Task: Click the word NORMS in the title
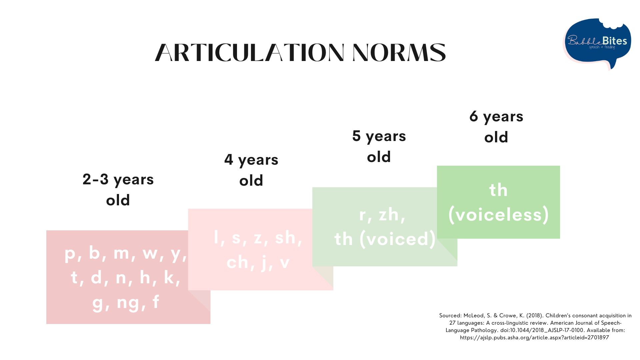coord(399,53)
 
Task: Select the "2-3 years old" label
coord(118,189)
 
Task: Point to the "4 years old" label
coord(251,170)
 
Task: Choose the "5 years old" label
coord(379,146)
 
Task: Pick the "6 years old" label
coord(496,127)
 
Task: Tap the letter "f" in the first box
coord(156,302)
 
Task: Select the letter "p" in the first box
coord(70,253)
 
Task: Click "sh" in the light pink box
coord(285,238)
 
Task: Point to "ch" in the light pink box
coord(237,262)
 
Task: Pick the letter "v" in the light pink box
coord(284,263)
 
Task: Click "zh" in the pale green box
coord(389,214)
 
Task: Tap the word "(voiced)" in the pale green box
coord(397,239)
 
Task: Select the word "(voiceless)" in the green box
coord(498,214)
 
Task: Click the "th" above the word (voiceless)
coord(498,190)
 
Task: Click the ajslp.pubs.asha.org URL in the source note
coord(534,338)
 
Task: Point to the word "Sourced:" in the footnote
coord(450,316)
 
